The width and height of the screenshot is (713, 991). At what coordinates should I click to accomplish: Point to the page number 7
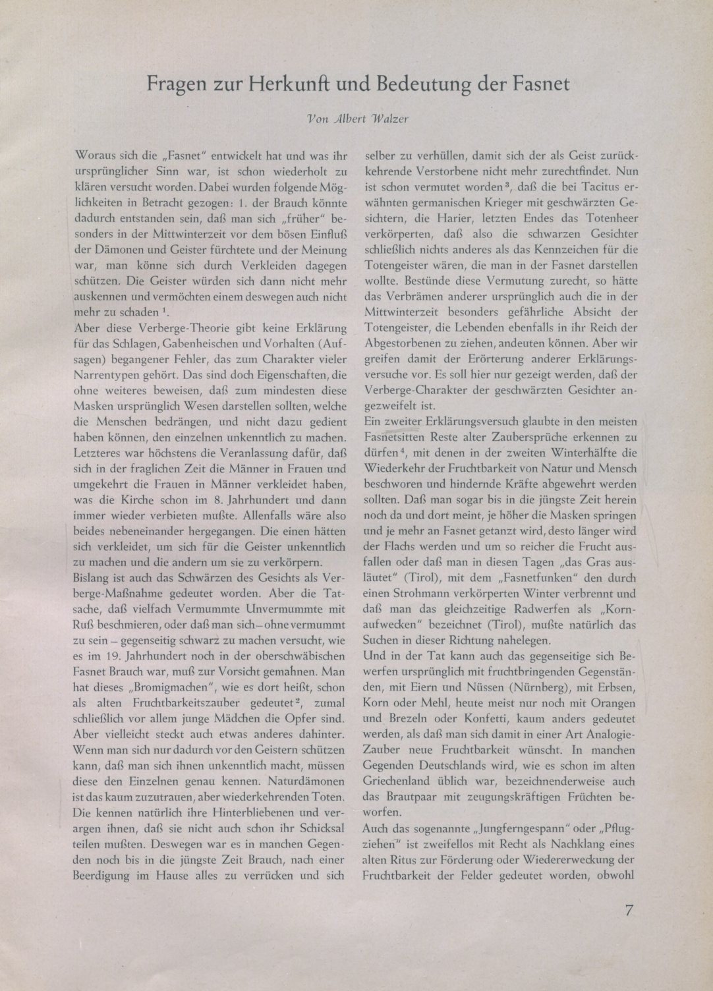(629, 912)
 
